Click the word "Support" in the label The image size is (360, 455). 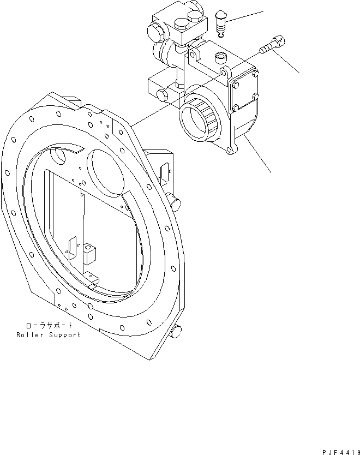click(x=63, y=334)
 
